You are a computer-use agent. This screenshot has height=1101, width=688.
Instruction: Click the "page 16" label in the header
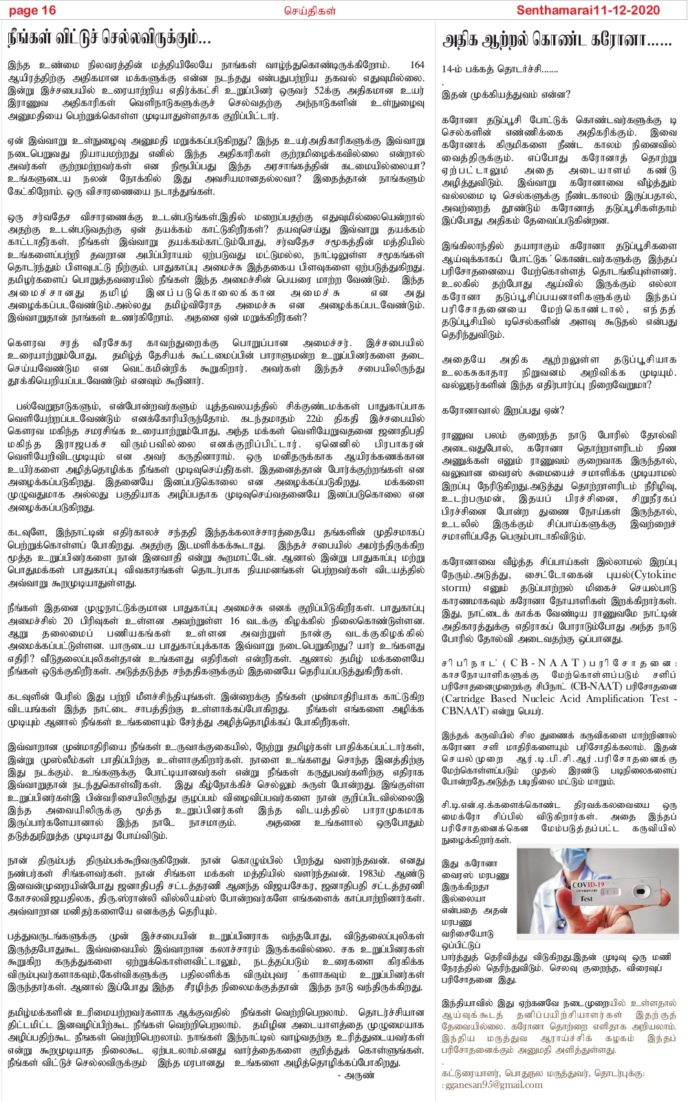[32, 10]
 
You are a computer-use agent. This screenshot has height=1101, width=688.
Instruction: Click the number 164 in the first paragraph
[417, 65]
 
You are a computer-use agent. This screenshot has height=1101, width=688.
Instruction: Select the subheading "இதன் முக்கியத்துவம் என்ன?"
[506, 94]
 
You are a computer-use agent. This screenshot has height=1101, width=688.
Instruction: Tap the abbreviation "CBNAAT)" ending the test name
[465, 710]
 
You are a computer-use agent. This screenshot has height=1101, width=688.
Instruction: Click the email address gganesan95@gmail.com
[493, 1084]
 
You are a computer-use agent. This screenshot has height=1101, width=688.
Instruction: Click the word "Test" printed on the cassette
[586, 898]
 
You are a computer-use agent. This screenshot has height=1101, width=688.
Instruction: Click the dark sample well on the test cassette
[641, 891]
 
